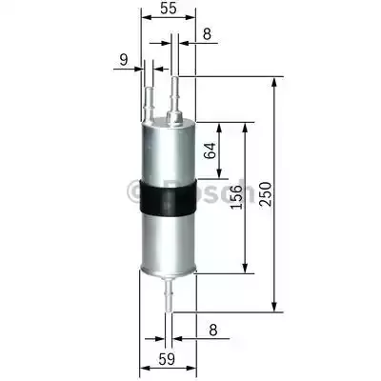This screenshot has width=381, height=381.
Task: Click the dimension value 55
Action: click(168, 9)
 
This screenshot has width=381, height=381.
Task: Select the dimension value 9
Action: click(123, 60)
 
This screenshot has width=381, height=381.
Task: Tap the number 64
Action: click(210, 150)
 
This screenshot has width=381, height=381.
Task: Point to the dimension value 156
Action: click(236, 197)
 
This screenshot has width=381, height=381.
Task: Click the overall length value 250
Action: click(266, 194)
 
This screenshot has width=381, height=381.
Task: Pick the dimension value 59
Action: click(167, 359)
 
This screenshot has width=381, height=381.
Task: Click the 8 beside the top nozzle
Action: click(207, 33)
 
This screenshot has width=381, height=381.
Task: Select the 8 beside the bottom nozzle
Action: click(213, 330)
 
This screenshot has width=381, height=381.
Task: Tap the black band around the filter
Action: click(168, 197)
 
